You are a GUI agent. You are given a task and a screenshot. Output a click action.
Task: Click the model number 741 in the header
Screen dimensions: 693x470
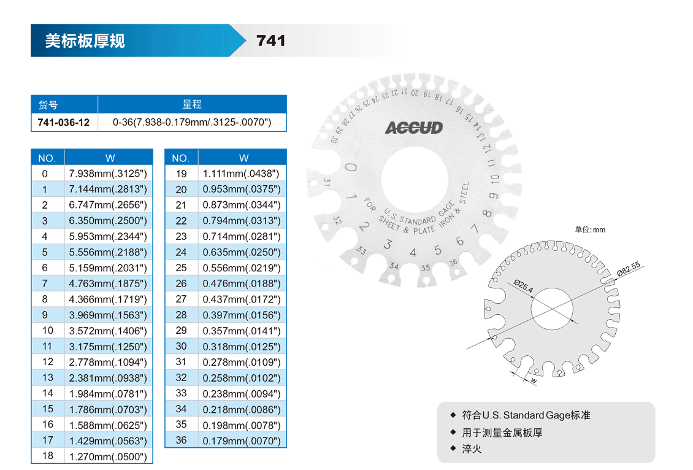[270, 40]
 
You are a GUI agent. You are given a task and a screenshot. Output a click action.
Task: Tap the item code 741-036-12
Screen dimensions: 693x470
[64, 123]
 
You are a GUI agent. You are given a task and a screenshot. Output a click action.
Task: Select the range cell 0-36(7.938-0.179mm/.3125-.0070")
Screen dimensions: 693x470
[192, 123]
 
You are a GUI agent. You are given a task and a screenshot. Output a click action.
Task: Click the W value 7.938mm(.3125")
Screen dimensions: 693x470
[108, 173]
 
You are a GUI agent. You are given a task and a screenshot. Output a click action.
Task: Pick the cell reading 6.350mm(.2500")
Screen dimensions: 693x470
[108, 221]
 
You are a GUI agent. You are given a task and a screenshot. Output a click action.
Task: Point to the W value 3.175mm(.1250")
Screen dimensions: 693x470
[108, 347]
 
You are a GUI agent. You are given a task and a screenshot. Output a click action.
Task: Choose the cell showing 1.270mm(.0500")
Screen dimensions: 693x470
[108, 457]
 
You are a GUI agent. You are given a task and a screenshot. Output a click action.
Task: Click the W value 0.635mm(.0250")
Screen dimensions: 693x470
[241, 252]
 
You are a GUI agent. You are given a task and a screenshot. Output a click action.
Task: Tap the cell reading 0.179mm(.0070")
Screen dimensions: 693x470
[241, 441]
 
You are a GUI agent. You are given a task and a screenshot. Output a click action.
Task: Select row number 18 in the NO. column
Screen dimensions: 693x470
[48, 456]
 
